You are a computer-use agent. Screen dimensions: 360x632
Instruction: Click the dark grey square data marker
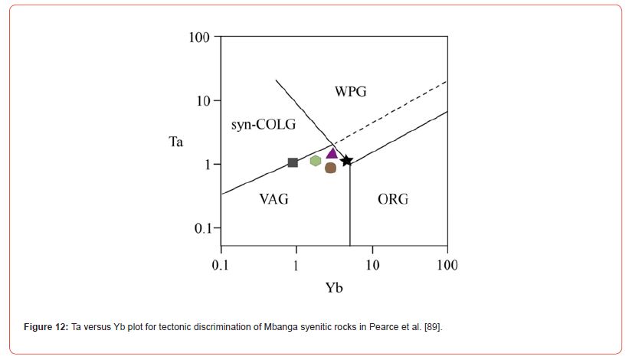coord(293,162)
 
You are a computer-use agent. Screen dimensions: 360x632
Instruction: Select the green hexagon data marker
coord(316,161)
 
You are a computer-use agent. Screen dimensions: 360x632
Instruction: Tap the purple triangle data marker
coord(332,153)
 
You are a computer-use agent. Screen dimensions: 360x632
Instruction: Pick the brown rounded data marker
coord(331,168)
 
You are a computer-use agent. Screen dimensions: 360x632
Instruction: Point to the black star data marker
coord(347,161)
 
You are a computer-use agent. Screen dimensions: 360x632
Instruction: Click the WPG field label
coord(350,92)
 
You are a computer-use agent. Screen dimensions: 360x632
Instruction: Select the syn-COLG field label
coord(263,125)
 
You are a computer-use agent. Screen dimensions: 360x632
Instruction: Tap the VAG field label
coord(273,199)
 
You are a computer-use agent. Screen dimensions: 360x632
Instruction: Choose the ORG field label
coord(393,199)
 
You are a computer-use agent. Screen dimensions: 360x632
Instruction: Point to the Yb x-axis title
coord(334,289)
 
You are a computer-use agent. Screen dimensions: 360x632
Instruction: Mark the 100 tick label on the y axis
coord(200,38)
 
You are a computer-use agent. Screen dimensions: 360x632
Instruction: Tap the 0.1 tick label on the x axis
coord(221,265)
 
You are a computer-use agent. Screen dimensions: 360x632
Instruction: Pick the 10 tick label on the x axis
coord(372,265)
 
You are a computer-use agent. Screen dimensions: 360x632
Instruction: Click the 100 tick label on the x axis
coord(447,265)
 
